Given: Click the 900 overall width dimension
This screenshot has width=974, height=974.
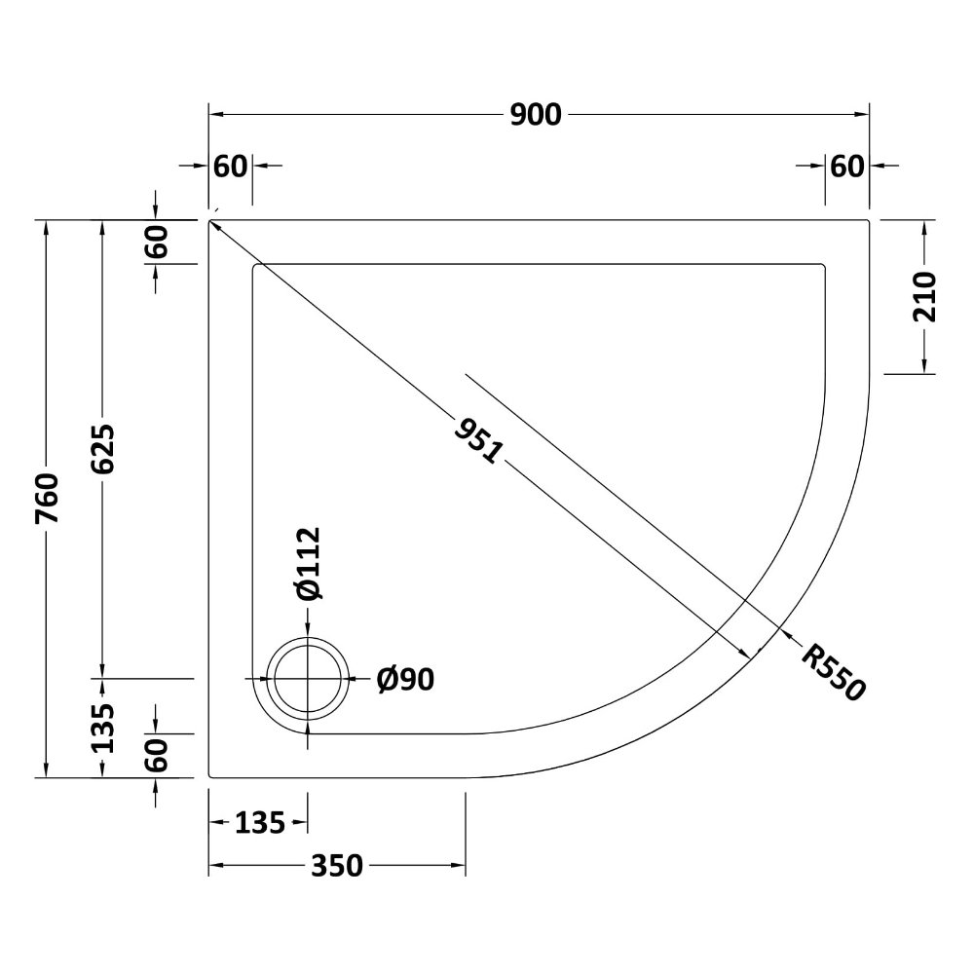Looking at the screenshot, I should point(536,115).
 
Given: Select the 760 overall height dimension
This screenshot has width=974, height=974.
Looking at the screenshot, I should point(47,499).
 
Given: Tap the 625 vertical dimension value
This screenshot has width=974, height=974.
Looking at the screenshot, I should point(104,448).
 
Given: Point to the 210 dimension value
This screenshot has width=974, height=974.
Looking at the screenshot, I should point(924,297).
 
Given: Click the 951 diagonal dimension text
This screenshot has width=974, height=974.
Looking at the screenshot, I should point(477,439).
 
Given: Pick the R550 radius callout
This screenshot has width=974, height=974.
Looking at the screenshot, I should point(833,672).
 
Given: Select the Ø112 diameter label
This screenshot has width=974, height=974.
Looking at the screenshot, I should point(306,562).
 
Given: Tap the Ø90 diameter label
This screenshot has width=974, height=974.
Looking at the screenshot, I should point(404,679).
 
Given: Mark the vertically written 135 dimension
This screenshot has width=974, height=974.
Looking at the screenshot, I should point(104,727).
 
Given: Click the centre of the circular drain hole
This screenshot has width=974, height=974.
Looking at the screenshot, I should point(309,679).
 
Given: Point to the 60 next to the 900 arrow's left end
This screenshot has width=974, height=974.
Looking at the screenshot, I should point(232,167).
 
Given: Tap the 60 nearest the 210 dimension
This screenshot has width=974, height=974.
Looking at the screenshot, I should point(847,167).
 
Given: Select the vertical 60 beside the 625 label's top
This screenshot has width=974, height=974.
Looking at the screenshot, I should point(157,242).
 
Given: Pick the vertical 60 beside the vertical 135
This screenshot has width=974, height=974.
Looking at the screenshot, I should point(157,755).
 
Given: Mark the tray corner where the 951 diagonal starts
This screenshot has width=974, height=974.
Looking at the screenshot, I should point(209,221).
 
